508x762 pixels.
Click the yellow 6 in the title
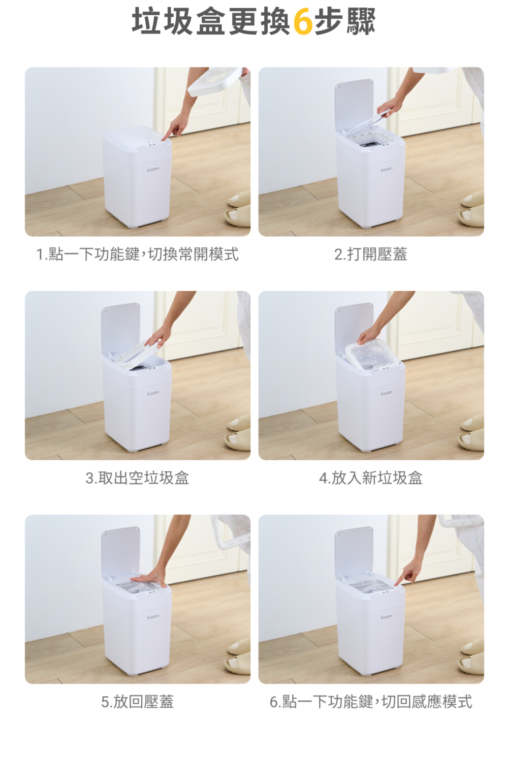pyautogui.click(x=302, y=21)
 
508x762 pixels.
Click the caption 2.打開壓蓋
pyautogui.click(x=370, y=254)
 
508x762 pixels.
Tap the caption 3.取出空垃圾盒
pyautogui.click(x=137, y=478)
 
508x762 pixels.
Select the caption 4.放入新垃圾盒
pyautogui.click(x=370, y=478)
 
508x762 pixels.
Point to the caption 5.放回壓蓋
pyautogui.click(x=138, y=702)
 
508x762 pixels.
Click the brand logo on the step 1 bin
pyautogui.click(x=153, y=169)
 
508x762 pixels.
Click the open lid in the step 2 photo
pyautogui.click(x=354, y=105)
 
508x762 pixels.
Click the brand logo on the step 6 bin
pyautogui.click(x=386, y=616)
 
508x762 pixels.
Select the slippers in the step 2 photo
pyautogui.click(x=472, y=209)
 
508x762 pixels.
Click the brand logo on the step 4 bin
pyautogui.click(x=386, y=393)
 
